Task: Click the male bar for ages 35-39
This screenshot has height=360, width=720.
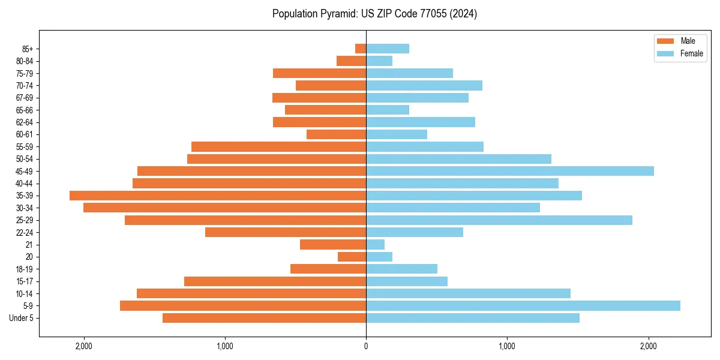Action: pos(218,196)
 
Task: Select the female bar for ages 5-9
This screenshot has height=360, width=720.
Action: pos(523,306)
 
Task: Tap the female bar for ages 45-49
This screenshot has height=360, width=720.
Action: pos(510,171)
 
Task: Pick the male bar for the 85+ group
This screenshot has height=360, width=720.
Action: pos(361,49)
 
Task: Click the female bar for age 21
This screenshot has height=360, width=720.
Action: pos(375,245)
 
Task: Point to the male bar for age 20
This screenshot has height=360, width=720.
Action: pos(352,257)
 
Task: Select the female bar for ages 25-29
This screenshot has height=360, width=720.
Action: pos(499,220)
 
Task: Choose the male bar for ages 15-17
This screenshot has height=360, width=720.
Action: pos(275,281)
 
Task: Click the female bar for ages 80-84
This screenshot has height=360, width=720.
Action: pos(379,61)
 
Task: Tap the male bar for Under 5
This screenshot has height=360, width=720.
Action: pos(264,318)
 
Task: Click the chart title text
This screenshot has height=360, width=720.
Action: pos(374,14)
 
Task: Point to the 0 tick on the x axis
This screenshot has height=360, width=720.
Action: pos(366,346)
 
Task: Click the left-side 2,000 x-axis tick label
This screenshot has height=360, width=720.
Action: pos(83,346)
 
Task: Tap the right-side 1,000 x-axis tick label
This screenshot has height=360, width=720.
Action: pos(507,346)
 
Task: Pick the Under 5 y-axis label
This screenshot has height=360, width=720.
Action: pos(22,318)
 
